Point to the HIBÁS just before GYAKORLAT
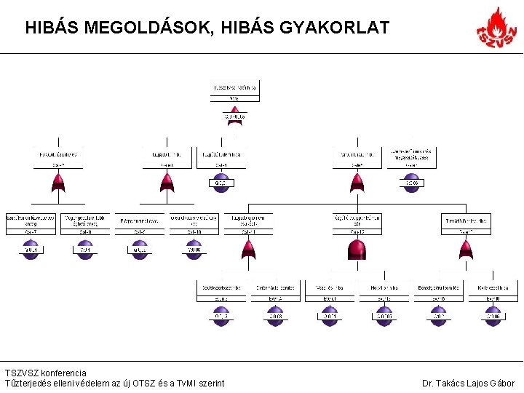click(x=244, y=28)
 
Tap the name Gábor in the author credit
click(x=503, y=384)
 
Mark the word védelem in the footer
click(x=93, y=384)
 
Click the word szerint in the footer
click(x=212, y=384)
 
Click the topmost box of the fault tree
click(x=235, y=92)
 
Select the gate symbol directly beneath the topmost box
click(x=234, y=116)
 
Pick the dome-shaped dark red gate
click(x=357, y=250)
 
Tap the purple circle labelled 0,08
click(x=275, y=317)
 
